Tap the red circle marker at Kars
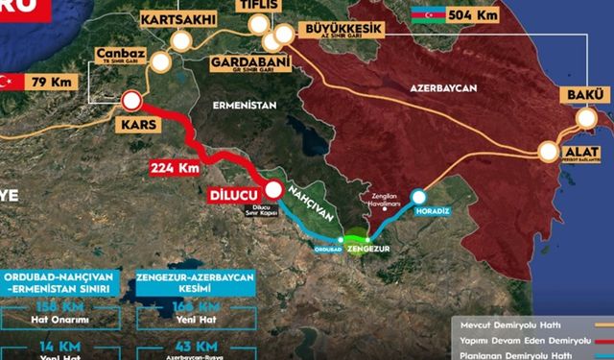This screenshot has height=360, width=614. pos(131,102)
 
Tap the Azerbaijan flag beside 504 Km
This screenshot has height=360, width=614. pos(423,16)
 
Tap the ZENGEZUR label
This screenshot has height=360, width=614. pos(370,250)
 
